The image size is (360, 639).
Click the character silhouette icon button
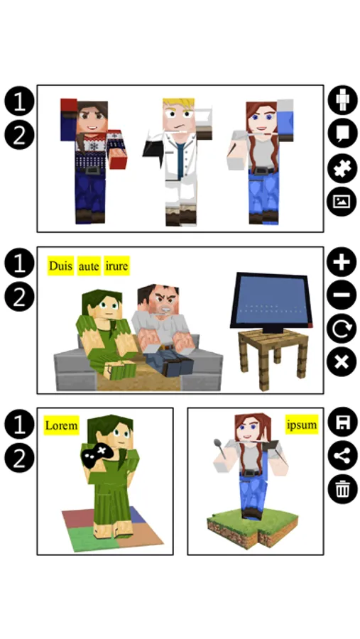342,100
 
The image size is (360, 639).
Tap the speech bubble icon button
342,133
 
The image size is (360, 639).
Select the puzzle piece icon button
342,168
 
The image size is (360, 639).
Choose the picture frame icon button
342,202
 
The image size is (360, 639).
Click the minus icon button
342,295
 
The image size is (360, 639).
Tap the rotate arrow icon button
342,329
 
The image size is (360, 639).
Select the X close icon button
342,362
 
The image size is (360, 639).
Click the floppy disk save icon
342,422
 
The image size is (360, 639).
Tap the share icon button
342,456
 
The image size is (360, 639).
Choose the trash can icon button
342,489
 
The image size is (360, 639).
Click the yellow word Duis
60,266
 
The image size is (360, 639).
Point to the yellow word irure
116,266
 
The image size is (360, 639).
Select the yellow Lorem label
61,425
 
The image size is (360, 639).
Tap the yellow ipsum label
301,425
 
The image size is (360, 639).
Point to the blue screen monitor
271,302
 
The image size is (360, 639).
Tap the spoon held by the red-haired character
221,447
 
